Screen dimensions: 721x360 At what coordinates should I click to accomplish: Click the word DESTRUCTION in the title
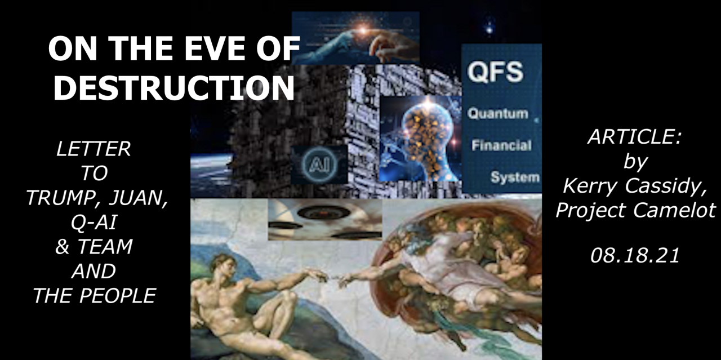pyautogui.click(x=174, y=87)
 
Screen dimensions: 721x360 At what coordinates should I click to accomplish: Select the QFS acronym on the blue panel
pyautogui.click(x=495, y=72)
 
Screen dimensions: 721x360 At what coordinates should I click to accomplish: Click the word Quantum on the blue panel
pyautogui.click(x=498, y=113)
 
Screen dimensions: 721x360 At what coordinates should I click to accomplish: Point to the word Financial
pyautogui.click(x=501, y=145)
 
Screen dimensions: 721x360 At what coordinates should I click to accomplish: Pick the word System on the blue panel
pyautogui.click(x=515, y=177)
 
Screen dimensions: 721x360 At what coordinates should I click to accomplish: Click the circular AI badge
pyautogui.click(x=319, y=164)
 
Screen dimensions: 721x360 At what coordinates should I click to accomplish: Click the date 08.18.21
pyautogui.click(x=635, y=256)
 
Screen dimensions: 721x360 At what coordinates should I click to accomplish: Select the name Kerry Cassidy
pyautogui.click(x=635, y=186)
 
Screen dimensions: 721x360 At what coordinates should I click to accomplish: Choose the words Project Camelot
pyautogui.click(x=635, y=211)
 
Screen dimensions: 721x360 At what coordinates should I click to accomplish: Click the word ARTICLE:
pyautogui.click(x=635, y=137)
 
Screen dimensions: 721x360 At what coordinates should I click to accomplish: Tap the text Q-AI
pyautogui.click(x=94, y=222)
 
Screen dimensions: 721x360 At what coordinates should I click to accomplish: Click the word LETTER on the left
pyautogui.click(x=94, y=149)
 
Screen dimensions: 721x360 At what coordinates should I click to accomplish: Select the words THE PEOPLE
pyautogui.click(x=95, y=296)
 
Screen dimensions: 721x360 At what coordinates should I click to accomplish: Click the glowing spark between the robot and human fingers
pyautogui.click(x=363, y=30)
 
